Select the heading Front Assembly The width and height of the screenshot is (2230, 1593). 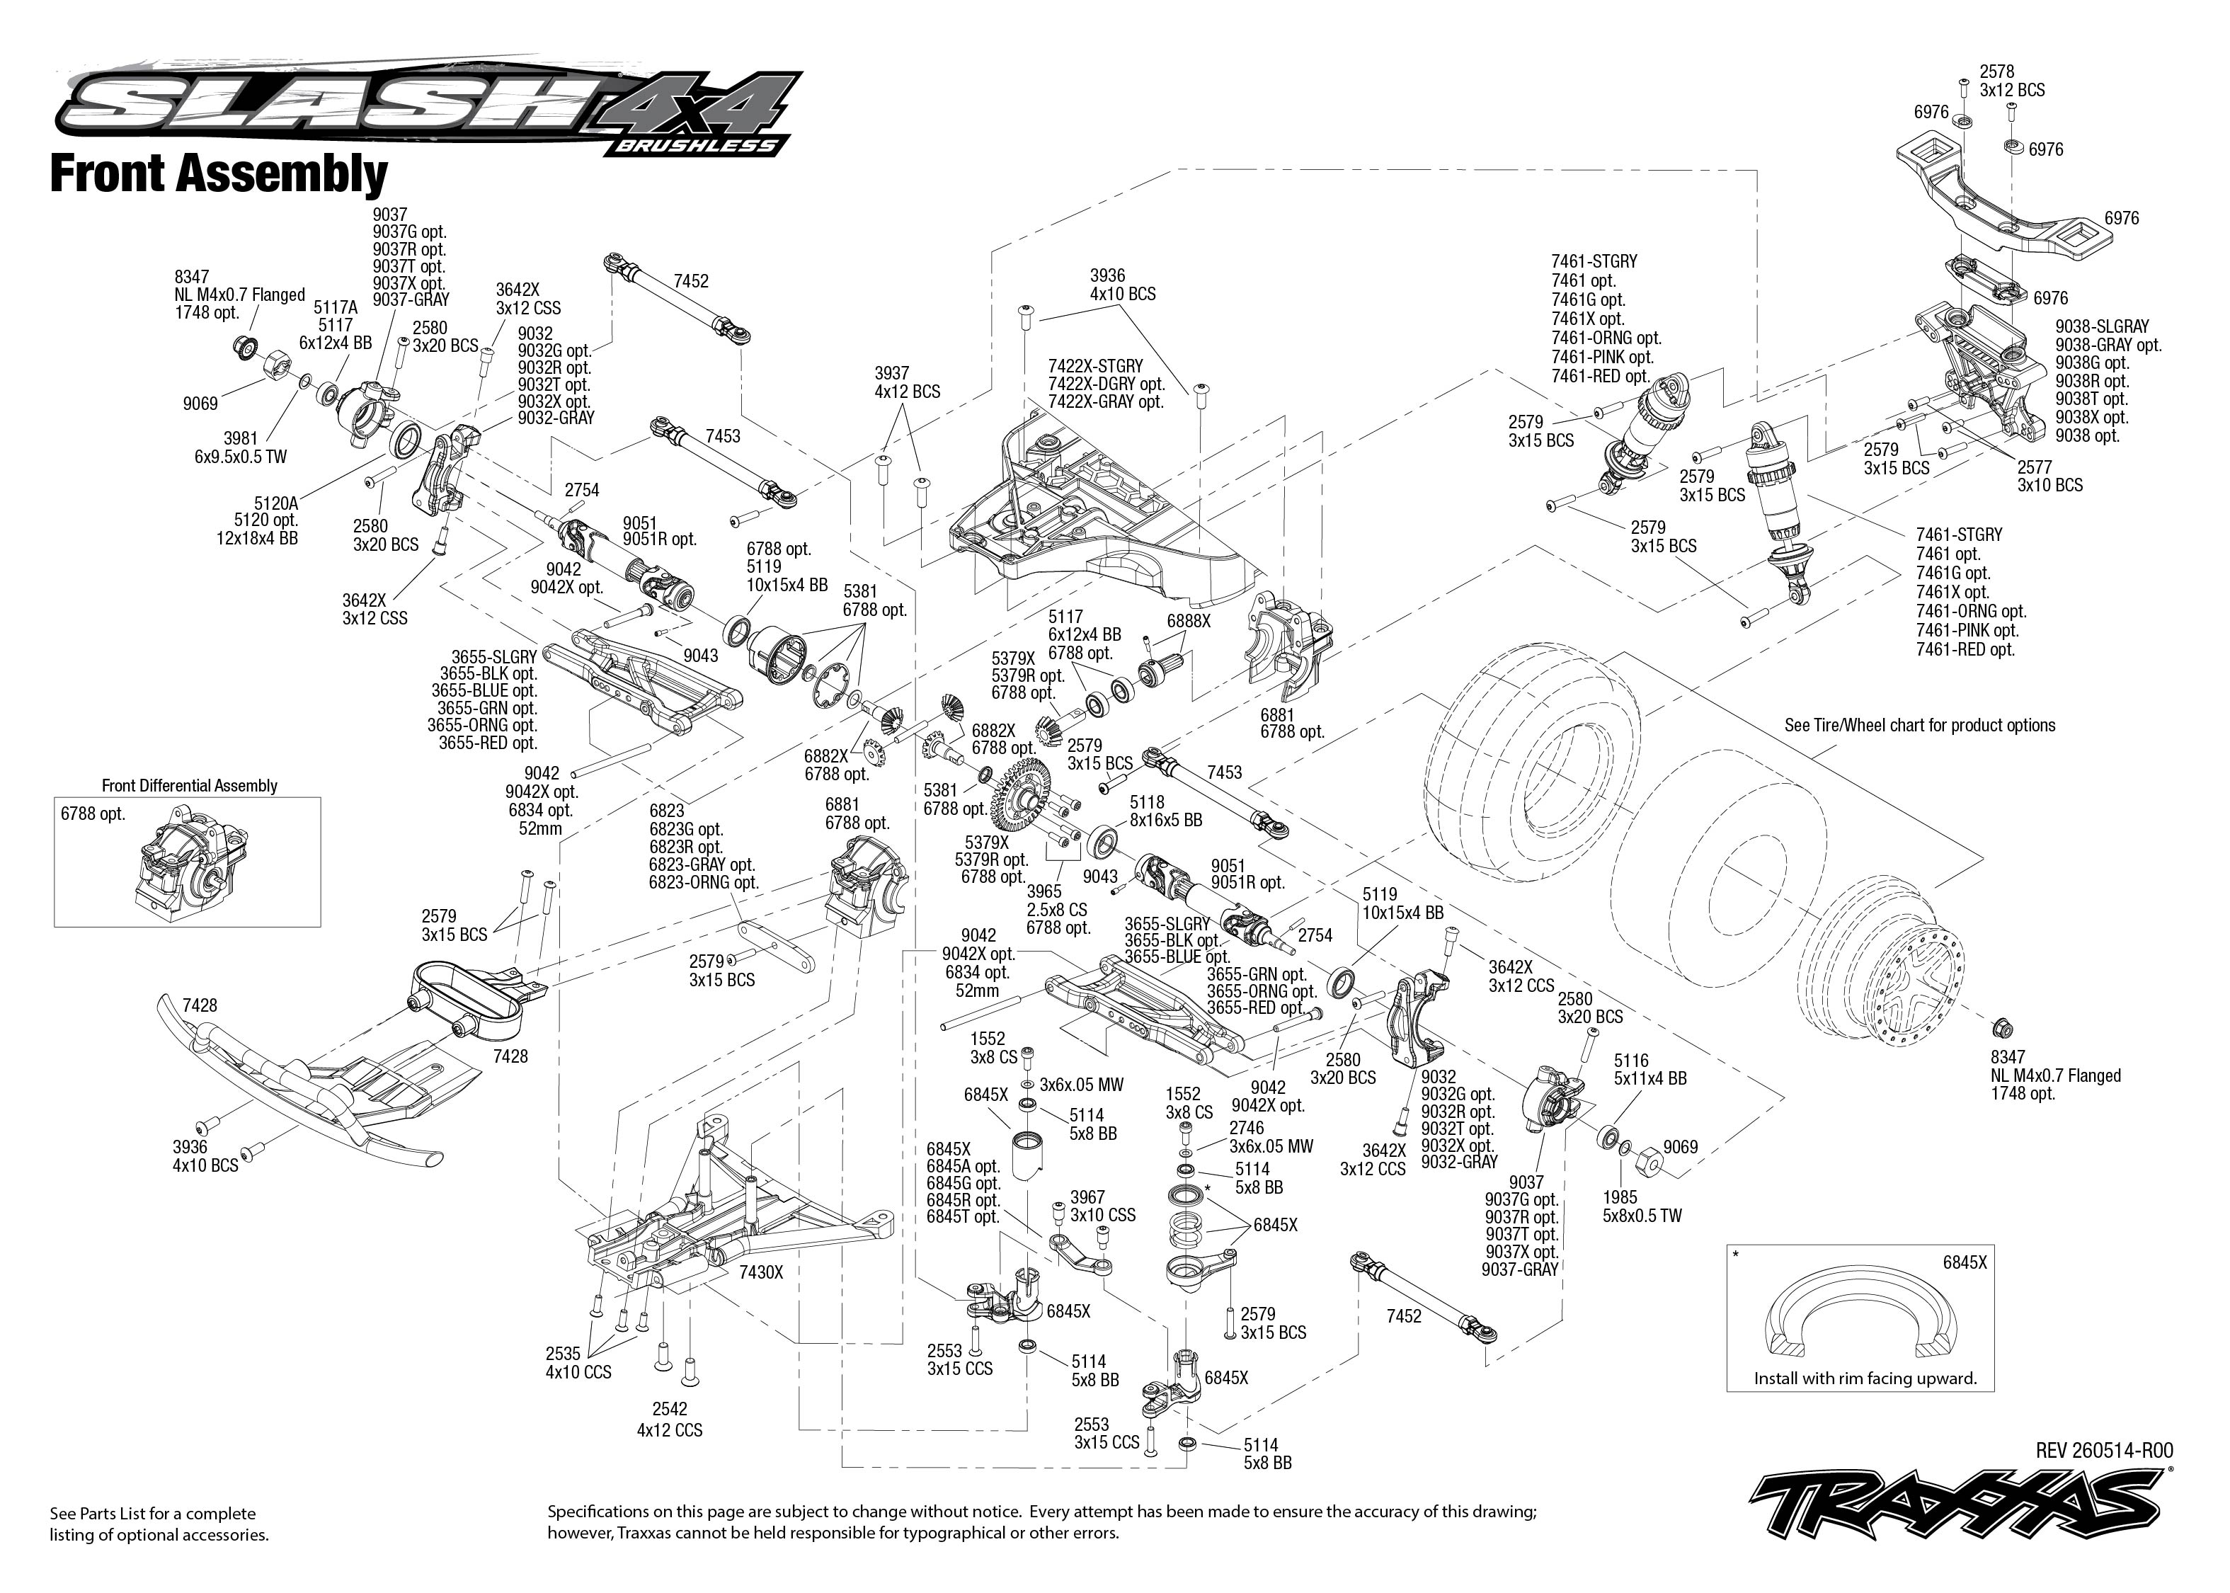point(219,175)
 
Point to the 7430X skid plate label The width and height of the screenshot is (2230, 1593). point(761,1272)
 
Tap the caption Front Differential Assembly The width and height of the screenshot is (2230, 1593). point(189,786)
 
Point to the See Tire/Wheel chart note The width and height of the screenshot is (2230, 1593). point(1919,726)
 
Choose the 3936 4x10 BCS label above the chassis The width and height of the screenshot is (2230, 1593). point(1123,285)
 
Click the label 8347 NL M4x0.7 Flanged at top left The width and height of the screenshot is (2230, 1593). point(239,295)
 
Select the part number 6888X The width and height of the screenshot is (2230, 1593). point(1189,621)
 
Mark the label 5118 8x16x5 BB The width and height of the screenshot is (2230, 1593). point(1165,810)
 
